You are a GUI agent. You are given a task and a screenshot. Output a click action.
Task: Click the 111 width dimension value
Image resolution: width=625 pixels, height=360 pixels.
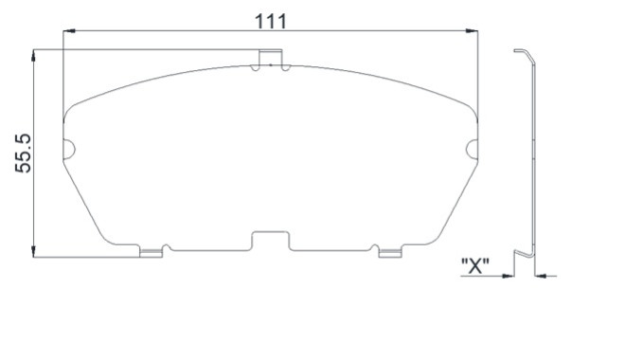[271, 21]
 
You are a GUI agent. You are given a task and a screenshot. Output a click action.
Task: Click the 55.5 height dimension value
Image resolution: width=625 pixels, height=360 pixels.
[23, 153]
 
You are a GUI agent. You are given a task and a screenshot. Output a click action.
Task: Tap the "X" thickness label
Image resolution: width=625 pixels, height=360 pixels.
[474, 266]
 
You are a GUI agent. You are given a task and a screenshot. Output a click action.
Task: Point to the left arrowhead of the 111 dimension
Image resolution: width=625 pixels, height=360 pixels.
[69, 30]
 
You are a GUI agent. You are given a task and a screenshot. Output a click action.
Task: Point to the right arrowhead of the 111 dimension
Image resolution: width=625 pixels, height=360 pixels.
[472, 30]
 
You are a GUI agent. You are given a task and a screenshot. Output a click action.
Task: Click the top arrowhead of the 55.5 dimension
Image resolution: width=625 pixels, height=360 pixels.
[33, 55]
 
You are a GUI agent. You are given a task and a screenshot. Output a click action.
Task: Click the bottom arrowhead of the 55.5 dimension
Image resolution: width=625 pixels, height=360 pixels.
[33, 251]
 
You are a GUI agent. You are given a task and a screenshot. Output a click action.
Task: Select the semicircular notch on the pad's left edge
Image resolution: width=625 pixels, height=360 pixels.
[69, 150]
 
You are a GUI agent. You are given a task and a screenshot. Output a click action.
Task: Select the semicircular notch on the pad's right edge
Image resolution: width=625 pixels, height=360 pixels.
[472, 150]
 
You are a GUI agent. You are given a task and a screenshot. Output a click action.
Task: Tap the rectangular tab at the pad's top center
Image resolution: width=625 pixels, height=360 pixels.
[271, 57]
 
